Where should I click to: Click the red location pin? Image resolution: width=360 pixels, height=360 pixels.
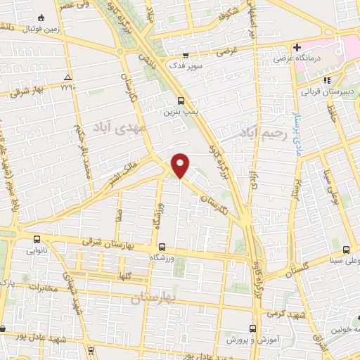[181, 165]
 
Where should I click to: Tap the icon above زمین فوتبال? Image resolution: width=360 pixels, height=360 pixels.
[44, 15]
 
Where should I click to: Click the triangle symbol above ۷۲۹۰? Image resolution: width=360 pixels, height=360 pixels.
[67, 77]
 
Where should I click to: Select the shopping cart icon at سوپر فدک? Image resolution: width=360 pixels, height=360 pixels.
[185, 55]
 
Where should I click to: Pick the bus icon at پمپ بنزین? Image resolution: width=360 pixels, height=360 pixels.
[181, 101]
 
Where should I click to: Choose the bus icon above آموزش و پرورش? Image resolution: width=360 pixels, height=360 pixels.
[253, 328]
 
